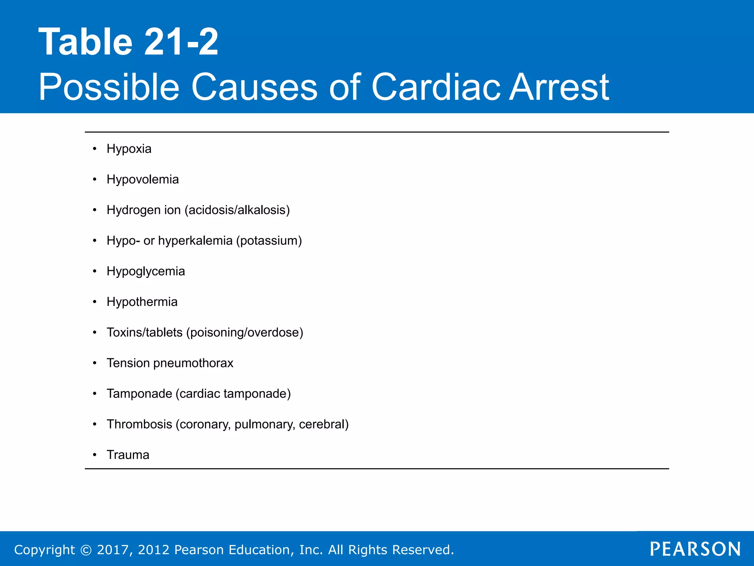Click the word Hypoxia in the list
pyautogui.click(x=129, y=149)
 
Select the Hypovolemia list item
pyautogui.click(x=142, y=179)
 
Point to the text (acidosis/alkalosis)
pyautogui.click(x=237, y=210)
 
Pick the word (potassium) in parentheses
pyautogui.click(x=269, y=241)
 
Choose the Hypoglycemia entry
pyautogui.click(x=145, y=271)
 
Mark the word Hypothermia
pyautogui.click(x=142, y=302)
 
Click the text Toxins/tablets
pyautogui.click(x=144, y=332)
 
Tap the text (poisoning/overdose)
pyautogui.click(x=244, y=332)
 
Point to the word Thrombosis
pyautogui.click(x=139, y=424)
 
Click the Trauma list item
pyautogui.click(x=128, y=455)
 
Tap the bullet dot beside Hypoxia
pyautogui.click(x=95, y=149)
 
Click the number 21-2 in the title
pyautogui.click(x=181, y=42)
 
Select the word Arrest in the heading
pyautogui.click(x=559, y=87)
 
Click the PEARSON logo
pyautogui.click(x=695, y=549)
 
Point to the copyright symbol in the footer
pyautogui.click(x=86, y=550)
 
